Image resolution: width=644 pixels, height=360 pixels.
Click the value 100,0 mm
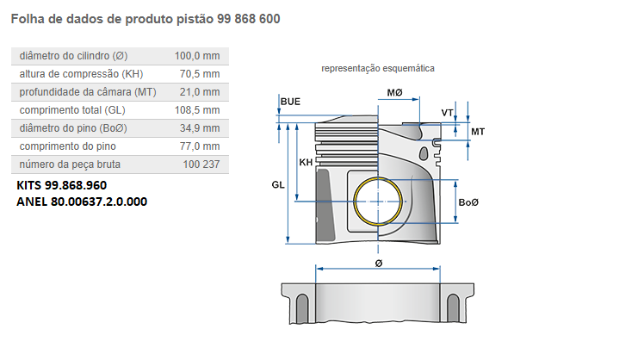[x=197, y=56]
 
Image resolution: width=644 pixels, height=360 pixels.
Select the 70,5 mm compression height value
[x=200, y=74]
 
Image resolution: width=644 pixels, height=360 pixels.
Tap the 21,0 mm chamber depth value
[x=200, y=92]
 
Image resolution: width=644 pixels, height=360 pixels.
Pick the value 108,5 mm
[x=197, y=110]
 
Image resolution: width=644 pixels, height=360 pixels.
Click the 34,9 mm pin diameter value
[x=200, y=128]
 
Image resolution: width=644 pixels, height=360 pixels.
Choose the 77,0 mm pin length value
[x=200, y=146]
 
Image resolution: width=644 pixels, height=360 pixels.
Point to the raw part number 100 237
[x=201, y=164]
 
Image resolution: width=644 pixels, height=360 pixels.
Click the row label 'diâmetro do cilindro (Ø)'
[x=73, y=56]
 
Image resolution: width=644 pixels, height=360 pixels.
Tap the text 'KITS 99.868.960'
[x=62, y=185]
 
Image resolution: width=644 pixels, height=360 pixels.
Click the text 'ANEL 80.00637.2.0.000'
[x=82, y=202]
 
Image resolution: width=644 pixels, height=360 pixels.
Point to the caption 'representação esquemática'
[x=378, y=67]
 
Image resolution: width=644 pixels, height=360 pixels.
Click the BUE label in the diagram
[x=290, y=102]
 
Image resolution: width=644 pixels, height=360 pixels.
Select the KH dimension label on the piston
[x=306, y=163]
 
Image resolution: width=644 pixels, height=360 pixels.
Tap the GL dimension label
[x=277, y=185]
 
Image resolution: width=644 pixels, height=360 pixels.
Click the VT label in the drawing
[x=447, y=113]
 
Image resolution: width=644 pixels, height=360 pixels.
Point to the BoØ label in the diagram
[x=468, y=202]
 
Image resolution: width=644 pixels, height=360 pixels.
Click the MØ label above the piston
[x=395, y=91]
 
